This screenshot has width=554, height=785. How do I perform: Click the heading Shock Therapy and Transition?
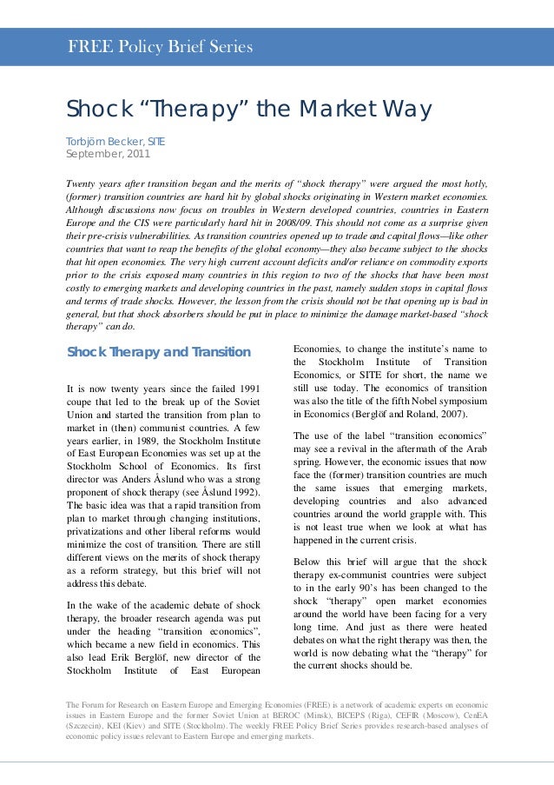159,352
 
